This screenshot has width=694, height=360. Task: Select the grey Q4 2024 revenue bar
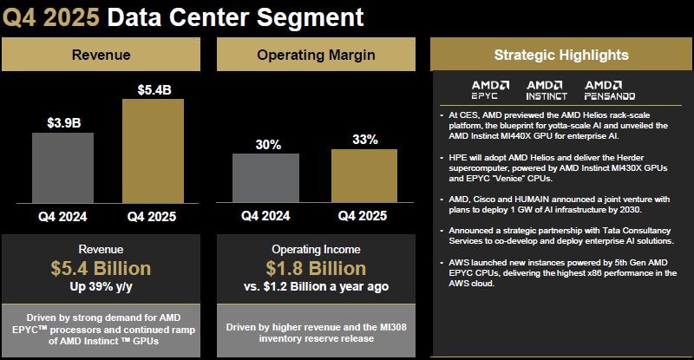point(62,167)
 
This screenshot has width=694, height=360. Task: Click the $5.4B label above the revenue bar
point(154,88)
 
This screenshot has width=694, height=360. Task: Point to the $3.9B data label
point(62,122)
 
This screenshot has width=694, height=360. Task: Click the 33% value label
point(365,139)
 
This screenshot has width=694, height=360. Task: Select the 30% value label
point(265,144)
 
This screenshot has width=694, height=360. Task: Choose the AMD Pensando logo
point(611,88)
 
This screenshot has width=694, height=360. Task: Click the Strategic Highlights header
point(560,55)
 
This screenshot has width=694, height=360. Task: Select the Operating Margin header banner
point(316,56)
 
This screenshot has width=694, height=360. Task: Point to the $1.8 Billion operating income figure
point(316,269)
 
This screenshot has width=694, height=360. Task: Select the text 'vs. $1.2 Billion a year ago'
point(316,286)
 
